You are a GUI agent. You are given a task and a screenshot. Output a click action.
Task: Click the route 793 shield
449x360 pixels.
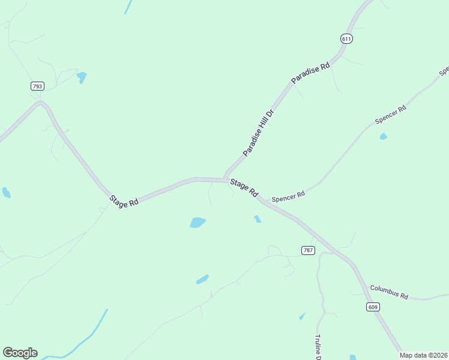pos(38,86)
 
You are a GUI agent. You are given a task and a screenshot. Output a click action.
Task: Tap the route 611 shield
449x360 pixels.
pos(346,38)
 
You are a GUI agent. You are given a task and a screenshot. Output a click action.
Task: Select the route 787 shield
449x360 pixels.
pos(309,250)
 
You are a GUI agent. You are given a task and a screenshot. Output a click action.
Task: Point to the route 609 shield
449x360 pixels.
pos(373,307)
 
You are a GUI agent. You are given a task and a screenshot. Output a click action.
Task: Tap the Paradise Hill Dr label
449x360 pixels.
pos(258,133)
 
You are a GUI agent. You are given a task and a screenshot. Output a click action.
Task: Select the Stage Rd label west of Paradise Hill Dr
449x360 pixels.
pos(124,202)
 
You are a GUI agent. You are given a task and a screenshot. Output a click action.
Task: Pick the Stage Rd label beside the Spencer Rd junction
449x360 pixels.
pos(244,189)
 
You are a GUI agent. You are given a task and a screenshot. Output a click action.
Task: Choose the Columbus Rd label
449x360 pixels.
pos(389,292)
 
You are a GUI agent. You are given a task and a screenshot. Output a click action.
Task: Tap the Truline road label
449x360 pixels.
pos(318,347)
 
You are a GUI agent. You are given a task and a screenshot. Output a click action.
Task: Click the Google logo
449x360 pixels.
pos(20,353)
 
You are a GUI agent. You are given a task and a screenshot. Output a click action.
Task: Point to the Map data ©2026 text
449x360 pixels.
pos(424,355)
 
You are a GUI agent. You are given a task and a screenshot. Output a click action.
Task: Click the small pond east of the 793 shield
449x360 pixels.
pos(82,77)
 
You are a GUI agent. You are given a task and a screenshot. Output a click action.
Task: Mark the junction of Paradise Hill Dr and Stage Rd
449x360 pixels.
pos(225,179)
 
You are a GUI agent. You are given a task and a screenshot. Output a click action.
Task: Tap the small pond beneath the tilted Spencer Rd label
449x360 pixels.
pos(383,137)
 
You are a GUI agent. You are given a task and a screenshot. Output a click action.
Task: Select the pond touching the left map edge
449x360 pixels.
pos(6,193)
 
